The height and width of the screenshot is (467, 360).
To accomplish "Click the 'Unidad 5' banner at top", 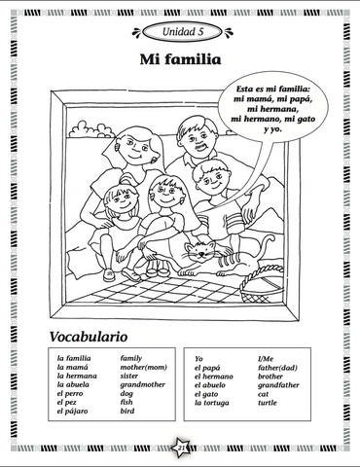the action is coord(181,32).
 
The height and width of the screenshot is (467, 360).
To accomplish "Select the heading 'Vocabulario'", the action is coord(88,337).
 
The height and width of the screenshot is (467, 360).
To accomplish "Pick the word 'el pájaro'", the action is coord(76,412).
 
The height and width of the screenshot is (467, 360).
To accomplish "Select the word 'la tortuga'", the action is coord(213,402).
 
